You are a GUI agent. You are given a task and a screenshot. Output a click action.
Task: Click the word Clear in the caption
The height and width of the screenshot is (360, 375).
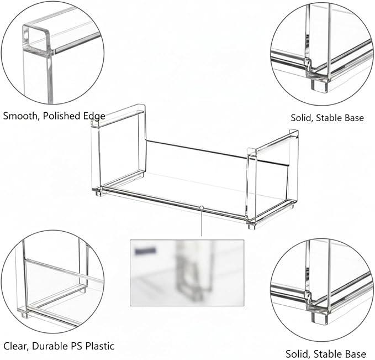(x=15, y=346)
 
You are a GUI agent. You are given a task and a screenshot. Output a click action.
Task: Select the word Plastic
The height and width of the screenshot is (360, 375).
(x=100, y=346)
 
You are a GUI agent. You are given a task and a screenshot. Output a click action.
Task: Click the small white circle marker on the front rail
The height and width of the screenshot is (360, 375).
(x=202, y=208)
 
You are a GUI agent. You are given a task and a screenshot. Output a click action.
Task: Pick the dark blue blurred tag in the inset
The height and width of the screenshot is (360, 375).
(x=145, y=251)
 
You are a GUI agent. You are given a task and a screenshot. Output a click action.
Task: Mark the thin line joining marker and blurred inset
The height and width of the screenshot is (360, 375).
(x=202, y=223)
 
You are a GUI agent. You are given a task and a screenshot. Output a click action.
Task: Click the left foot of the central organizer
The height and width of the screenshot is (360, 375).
(x=98, y=194)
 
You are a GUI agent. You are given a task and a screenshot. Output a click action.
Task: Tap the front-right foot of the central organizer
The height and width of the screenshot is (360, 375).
(x=252, y=226)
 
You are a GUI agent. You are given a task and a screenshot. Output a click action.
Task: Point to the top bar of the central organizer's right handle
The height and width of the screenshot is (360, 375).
(x=273, y=142)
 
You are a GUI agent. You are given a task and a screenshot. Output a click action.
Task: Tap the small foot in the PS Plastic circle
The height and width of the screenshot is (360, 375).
(x=25, y=314)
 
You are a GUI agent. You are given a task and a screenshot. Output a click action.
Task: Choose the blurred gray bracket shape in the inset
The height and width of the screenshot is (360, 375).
(x=189, y=273)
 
